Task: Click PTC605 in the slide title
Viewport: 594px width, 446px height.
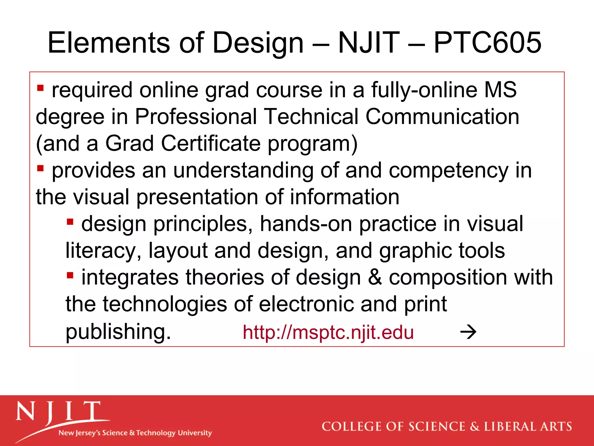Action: [x=487, y=43]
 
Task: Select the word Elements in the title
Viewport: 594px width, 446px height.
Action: [x=108, y=43]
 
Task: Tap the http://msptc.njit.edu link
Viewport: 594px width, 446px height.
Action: [x=328, y=332]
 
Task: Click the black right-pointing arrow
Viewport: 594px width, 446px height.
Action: [x=468, y=332]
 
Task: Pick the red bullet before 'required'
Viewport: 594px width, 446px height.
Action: [x=40, y=88]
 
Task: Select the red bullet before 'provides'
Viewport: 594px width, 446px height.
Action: [x=40, y=168]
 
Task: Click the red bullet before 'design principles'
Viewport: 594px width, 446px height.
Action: [x=70, y=222]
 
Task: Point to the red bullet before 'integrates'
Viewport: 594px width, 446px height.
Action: [x=70, y=275]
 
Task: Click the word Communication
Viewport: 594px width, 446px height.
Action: [x=442, y=117]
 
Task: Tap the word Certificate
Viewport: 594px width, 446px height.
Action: [x=211, y=143]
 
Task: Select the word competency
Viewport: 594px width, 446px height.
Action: [x=448, y=170]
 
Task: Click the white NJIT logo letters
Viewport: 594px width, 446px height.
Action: [x=58, y=412]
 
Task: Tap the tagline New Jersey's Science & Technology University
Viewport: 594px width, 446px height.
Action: [x=135, y=433]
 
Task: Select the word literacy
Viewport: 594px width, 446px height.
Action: [x=101, y=251]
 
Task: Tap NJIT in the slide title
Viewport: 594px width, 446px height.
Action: [x=369, y=43]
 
